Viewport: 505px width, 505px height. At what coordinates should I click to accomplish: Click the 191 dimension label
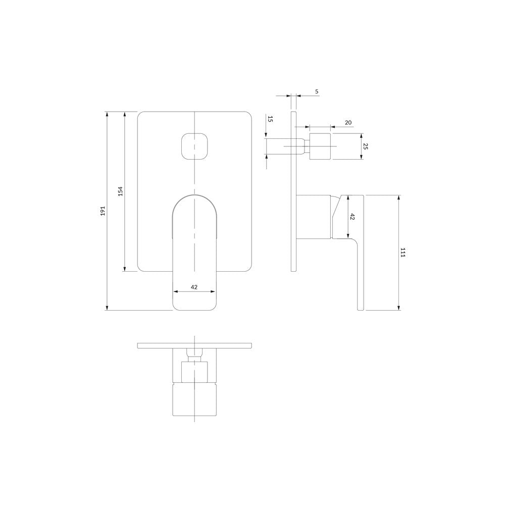click(x=103, y=211)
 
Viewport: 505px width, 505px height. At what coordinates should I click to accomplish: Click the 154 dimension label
click(x=121, y=191)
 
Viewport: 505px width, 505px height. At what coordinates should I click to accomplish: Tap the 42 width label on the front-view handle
click(x=194, y=287)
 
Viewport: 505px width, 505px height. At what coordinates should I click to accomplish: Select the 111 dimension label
click(x=402, y=252)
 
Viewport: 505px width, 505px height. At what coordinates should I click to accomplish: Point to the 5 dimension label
click(x=317, y=91)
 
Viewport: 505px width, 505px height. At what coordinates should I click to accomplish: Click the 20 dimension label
click(x=348, y=122)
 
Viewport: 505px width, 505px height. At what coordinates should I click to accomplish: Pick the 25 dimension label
click(x=365, y=146)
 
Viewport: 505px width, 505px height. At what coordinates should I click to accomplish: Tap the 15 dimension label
click(x=270, y=119)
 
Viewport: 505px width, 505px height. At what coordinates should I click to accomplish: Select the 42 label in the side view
click(x=351, y=217)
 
